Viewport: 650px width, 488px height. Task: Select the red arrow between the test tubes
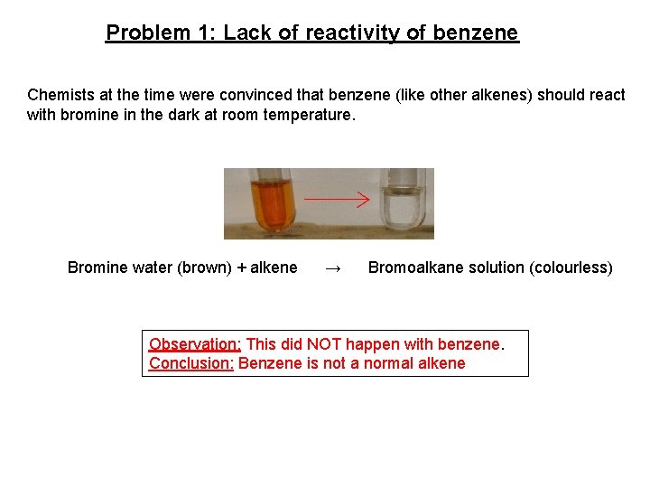[337, 198]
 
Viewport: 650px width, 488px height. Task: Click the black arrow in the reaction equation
[332, 268]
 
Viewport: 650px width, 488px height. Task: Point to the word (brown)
[205, 267]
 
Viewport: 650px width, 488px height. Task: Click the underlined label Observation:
[195, 344]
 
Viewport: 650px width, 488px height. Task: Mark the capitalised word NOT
[325, 344]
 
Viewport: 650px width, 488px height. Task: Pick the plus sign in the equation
[241, 267]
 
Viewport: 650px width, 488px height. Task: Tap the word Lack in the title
[246, 33]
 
